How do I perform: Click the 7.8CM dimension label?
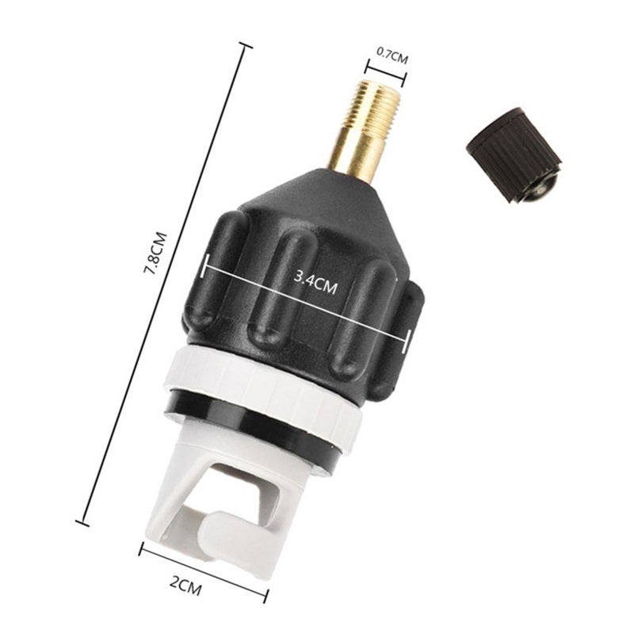[155, 254]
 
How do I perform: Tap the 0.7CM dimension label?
[392, 56]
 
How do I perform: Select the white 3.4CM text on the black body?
[315, 283]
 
